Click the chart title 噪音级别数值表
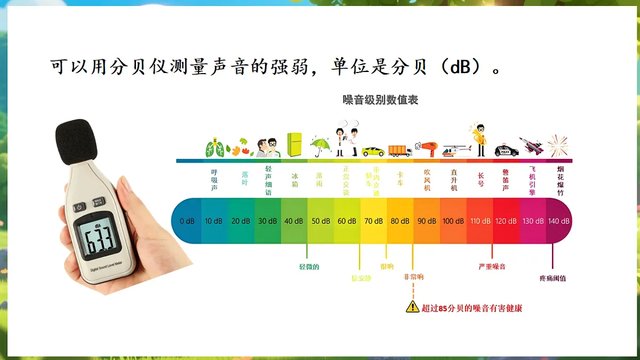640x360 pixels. point(380,100)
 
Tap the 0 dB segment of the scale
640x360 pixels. point(187,221)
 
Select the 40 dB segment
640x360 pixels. point(294,221)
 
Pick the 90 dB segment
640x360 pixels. point(427,221)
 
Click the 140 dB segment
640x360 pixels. point(559,221)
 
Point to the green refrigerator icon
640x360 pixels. point(294,145)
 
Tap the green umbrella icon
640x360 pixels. point(321,146)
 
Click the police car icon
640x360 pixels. point(506,150)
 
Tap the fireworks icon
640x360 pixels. point(558,146)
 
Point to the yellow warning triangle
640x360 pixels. point(412,307)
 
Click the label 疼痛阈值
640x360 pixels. point(553,278)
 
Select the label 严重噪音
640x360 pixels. point(492,267)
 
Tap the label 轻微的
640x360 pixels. point(309,267)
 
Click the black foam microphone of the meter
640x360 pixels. point(76,141)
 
